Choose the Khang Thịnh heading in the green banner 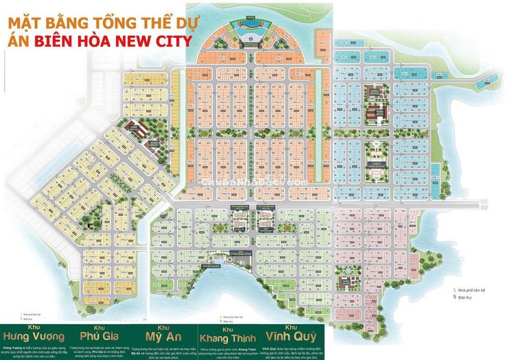pos(227,338)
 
